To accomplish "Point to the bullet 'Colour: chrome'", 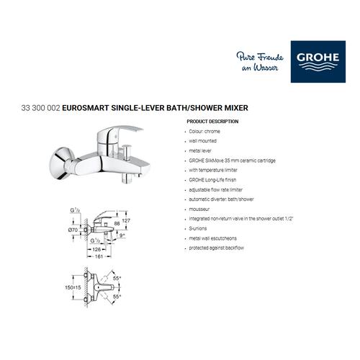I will [205, 132].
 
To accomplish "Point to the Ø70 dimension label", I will [72, 229].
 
